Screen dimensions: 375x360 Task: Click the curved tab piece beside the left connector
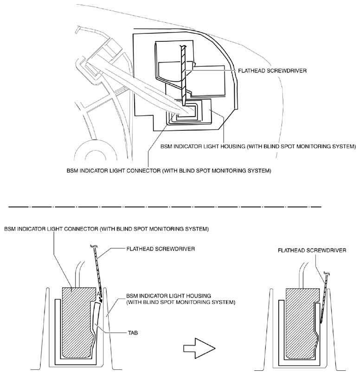point(96,320)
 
